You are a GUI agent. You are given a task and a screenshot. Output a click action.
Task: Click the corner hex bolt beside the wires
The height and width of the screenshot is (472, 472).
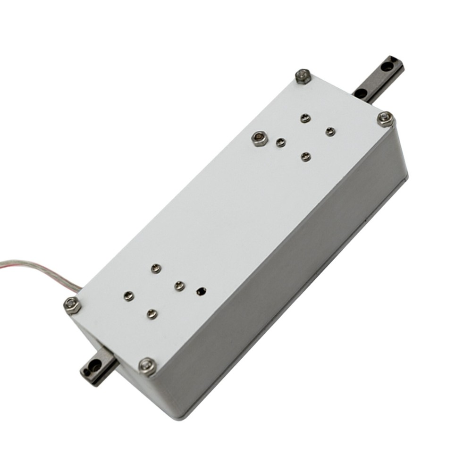point(72,305)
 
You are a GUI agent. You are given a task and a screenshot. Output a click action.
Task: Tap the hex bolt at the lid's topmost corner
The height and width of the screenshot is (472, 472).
point(303,76)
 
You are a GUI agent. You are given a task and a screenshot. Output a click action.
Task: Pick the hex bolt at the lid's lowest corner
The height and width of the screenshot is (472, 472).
point(148,366)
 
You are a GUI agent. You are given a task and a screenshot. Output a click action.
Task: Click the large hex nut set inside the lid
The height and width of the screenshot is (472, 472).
point(259,138)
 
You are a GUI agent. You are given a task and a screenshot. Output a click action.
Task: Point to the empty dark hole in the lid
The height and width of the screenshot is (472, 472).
point(202,291)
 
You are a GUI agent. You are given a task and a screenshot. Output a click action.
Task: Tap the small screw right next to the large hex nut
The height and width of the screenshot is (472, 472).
point(281,143)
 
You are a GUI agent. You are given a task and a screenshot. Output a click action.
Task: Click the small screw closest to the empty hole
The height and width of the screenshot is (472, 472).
point(179,286)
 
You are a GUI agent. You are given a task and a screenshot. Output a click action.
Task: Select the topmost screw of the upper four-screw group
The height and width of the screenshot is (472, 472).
point(305,118)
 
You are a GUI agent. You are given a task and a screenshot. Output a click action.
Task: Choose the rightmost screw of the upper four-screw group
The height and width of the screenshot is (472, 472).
point(330,131)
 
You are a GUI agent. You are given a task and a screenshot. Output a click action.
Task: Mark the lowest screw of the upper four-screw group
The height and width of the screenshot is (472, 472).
point(306,156)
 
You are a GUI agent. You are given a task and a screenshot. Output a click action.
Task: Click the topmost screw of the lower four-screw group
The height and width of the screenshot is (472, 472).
point(156,269)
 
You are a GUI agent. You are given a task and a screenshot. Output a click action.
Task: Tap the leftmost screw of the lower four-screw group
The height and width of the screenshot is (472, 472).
point(128,296)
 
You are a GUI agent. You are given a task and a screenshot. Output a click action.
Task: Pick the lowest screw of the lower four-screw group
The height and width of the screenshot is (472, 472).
point(152,313)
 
